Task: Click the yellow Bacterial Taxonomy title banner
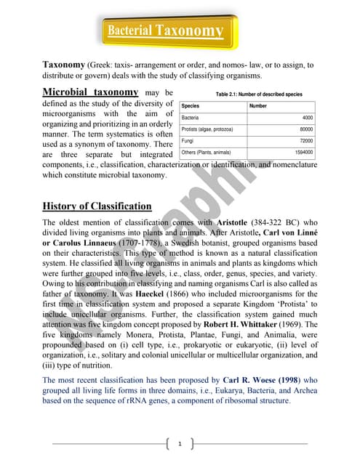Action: click(x=165, y=31)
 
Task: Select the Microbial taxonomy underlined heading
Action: click(x=90, y=92)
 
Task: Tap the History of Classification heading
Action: click(x=97, y=206)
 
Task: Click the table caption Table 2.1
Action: click(x=249, y=94)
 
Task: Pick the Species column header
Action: click(x=191, y=106)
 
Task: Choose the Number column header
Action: click(x=258, y=106)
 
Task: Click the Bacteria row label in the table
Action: click(x=191, y=117)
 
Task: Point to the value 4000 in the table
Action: click(x=307, y=117)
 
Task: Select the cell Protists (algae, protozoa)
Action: click(x=207, y=129)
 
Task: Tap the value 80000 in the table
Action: click(x=305, y=129)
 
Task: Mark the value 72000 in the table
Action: click(x=305, y=140)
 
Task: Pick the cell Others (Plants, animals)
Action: click(x=206, y=153)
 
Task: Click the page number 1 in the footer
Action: click(x=179, y=442)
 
